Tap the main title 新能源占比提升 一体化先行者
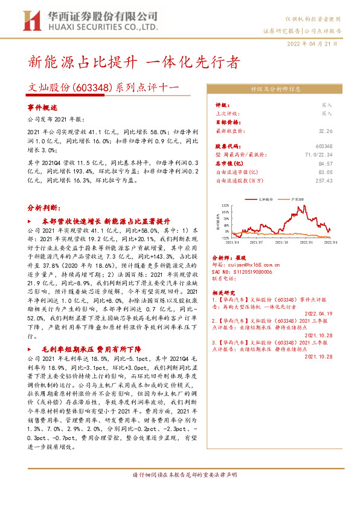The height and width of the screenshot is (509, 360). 134,63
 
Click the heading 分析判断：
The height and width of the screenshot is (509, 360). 44,207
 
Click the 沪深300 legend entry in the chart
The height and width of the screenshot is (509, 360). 300,198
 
